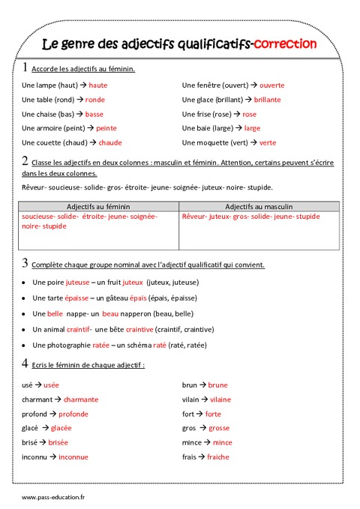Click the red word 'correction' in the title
coord(285,44)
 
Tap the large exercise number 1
coord(25,67)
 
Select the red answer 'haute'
coord(98,85)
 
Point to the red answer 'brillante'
coord(267,100)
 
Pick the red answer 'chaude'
coord(109,142)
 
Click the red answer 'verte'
coord(268,142)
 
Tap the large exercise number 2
coord(25,160)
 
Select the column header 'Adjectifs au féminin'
coord(97,206)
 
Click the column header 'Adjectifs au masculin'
coord(259,206)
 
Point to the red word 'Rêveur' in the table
coord(194,217)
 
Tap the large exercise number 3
coord(25,263)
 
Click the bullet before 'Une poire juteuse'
coord(25,283)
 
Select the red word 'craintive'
coord(139,329)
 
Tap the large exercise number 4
coord(25,364)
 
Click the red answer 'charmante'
coord(81,400)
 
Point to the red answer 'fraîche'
coord(218,457)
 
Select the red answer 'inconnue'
coord(73,457)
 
